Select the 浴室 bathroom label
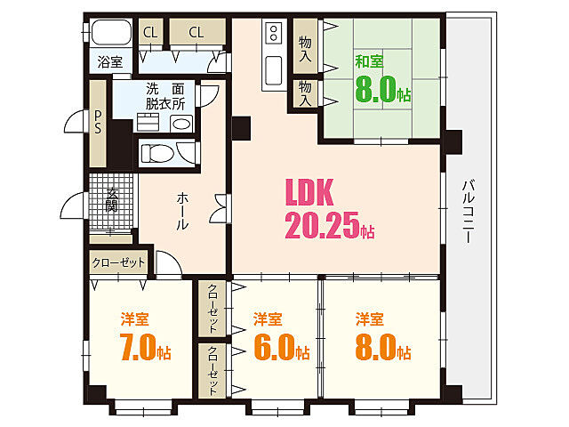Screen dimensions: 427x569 (x=110, y=62)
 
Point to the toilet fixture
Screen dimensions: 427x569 (x=157, y=152)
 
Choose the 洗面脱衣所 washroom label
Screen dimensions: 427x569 (x=165, y=95)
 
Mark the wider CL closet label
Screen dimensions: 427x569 (x=196, y=33)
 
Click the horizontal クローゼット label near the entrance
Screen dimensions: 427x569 (x=118, y=263)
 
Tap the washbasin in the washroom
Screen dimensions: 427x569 (x=181, y=124)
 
